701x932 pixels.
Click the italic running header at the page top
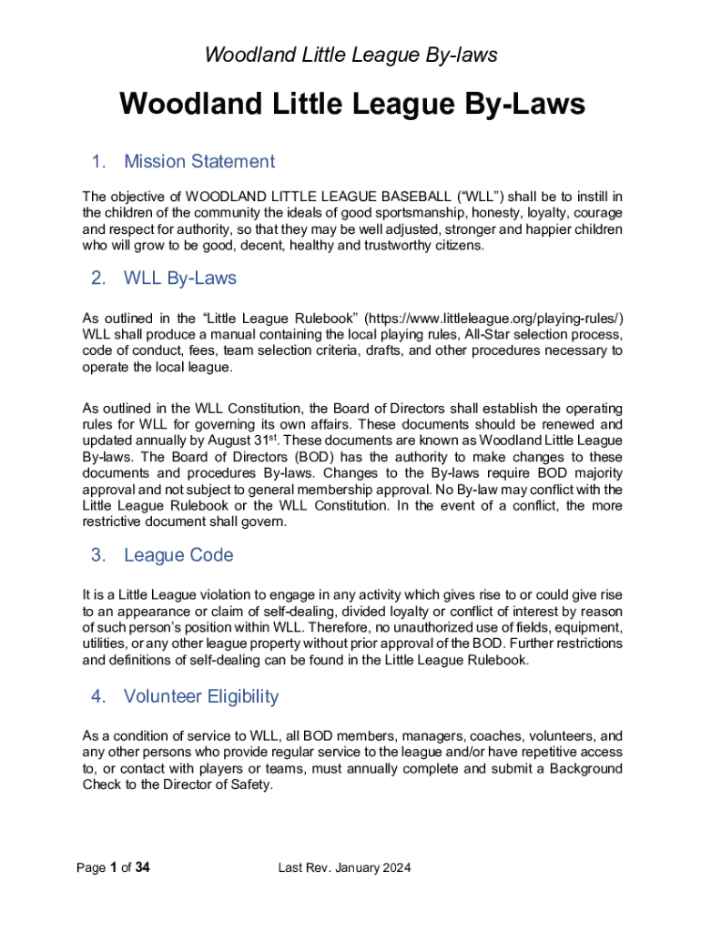coord(350,56)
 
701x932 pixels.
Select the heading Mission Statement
coord(198,162)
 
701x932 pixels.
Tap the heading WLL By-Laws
coord(179,279)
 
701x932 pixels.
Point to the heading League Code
coord(178,555)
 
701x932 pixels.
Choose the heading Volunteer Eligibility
coord(200,697)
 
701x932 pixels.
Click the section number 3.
coord(98,555)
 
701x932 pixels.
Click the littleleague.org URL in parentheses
coord(494,318)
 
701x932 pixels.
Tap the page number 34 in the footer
coord(142,868)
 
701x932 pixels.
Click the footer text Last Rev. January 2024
coord(344,868)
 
